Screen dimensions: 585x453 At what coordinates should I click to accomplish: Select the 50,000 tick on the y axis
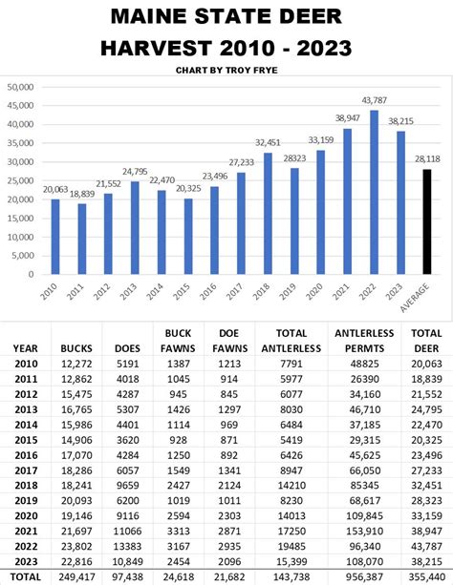(x=20, y=87)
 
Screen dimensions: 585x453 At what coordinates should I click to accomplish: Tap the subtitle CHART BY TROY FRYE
(x=226, y=70)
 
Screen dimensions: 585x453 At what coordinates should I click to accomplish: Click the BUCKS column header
(x=76, y=348)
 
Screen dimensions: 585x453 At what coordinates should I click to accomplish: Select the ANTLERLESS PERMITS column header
(x=358, y=341)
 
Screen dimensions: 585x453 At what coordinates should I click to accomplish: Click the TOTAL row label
(x=27, y=576)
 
